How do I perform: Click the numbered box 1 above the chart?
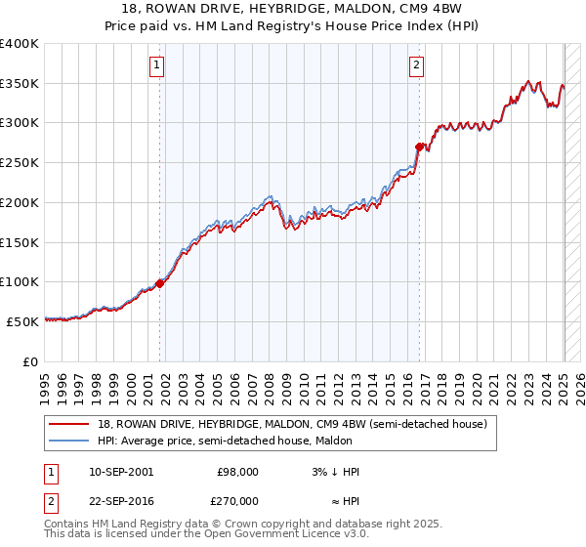click(157, 66)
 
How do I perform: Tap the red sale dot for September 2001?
click(159, 283)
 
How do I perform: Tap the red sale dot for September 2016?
click(419, 147)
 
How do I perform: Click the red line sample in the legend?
click(69, 424)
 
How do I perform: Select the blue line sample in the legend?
click(69, 441)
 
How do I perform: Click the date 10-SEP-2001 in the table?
click(122, 471)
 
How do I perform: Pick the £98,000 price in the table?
click(237, 471)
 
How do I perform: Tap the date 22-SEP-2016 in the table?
click(122, 499)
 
